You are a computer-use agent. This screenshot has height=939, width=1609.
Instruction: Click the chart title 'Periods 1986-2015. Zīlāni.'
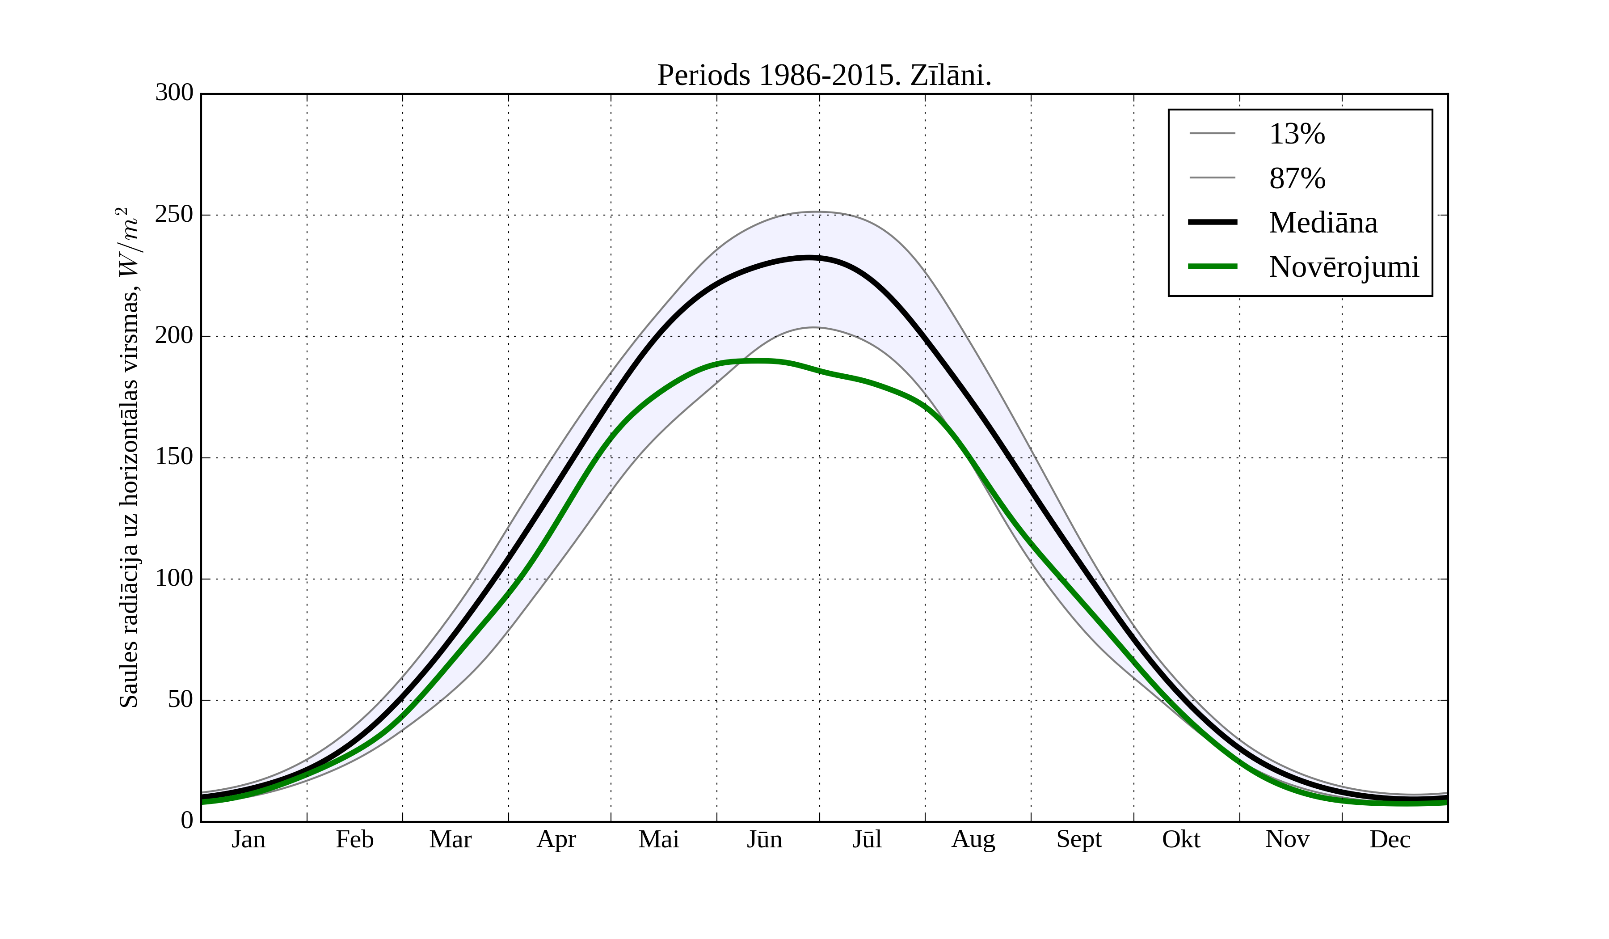pos(824,76)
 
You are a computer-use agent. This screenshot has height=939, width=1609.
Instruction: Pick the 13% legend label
pos(1297,134)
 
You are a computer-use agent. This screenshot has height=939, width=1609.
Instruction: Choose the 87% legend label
pos(1297,178)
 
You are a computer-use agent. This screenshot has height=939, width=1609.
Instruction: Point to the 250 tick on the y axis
pos(174,215)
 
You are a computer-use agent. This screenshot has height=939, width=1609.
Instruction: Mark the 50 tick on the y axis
pos(180,700)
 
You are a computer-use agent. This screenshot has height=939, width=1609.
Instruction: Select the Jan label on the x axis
pos(249,839)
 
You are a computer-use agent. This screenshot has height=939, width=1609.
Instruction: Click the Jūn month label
pos(764,839)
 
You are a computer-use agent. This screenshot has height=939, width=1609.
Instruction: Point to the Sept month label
pos(1078,839)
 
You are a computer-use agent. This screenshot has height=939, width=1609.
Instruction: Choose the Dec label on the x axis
pos(1390,839)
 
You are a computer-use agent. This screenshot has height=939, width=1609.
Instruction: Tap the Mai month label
pos(658,839)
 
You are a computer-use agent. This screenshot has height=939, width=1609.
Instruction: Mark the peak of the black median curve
pos(809,258)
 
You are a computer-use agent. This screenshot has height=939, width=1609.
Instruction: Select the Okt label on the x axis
pos(1180,839)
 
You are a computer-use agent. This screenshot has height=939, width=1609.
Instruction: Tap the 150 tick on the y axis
pos(174,457)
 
